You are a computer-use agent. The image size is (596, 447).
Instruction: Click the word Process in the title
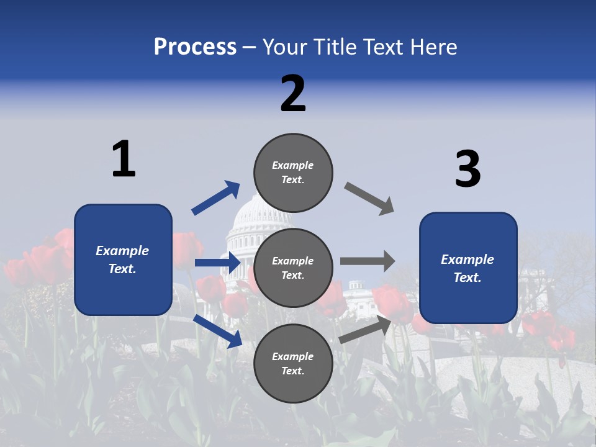point(195,47)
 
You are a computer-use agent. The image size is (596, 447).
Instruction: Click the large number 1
point(124,160)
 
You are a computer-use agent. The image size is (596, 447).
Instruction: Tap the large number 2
point(293,94)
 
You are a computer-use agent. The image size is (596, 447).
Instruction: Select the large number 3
point(467,169)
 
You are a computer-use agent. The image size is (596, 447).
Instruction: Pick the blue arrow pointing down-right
point(218,331)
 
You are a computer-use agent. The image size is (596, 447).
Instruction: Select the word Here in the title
point(434,47)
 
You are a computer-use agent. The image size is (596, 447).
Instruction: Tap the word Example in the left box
point(122,251)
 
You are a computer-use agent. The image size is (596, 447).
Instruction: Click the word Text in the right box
point(467,278)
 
